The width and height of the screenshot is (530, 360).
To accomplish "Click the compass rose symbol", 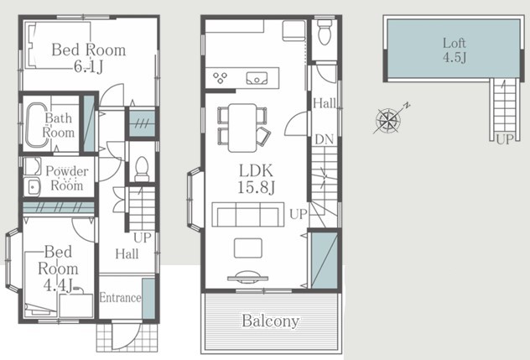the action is coord(389,121).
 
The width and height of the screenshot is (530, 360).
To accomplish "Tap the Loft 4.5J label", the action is coord(455,50).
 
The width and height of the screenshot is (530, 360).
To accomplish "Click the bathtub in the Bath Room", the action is coord(37,125).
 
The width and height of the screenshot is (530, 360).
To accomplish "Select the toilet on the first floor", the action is coord(142,170).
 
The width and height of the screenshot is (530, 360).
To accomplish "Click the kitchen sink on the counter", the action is coord(257,78).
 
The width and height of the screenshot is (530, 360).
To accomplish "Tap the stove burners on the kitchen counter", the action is coord(220,78).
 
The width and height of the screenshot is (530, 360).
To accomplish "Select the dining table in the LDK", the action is coord(242,128).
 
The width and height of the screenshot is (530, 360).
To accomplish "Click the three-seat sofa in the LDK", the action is coord(247,214).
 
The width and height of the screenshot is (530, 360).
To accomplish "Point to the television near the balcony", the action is coord(247,276).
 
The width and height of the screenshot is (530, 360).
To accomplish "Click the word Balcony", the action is coord(271,321).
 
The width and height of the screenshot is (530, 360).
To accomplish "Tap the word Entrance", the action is coord(120,298).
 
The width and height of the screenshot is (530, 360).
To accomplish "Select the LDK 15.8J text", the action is coord(257,179).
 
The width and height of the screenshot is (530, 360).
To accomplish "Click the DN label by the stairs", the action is coord(325,139).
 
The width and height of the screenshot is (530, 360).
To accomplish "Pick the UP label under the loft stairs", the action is coord(505,138).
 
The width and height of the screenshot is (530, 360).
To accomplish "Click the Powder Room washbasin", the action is coord(33,187).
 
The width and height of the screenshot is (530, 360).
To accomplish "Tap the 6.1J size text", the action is coord(88,67).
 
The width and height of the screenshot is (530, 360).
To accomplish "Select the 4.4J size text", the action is coord(58,285).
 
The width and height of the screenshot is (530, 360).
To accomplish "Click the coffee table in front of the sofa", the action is coord(247,248).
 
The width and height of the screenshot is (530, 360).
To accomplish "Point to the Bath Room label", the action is coord(59,125).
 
